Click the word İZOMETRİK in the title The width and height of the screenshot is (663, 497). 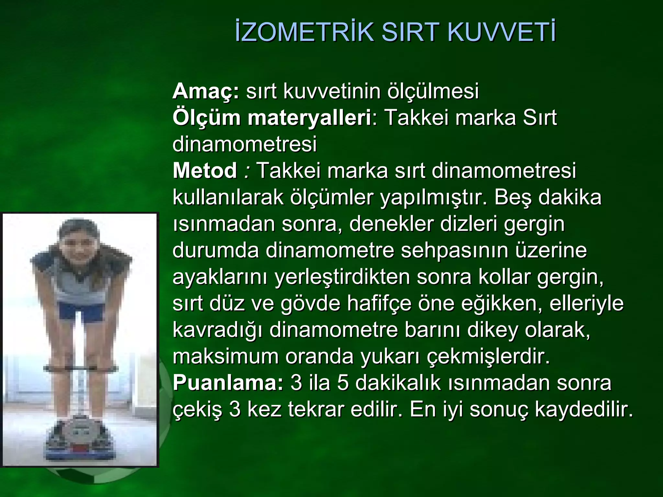[x=304, y=32]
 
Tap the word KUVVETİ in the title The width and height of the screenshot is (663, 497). [x=502, y=32]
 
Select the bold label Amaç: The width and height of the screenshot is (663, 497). [x=206, y=91]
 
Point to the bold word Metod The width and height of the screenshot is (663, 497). [x=205, y=171]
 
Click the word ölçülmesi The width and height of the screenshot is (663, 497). [x=433, y=91]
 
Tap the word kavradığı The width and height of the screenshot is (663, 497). [x=218, y=330]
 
